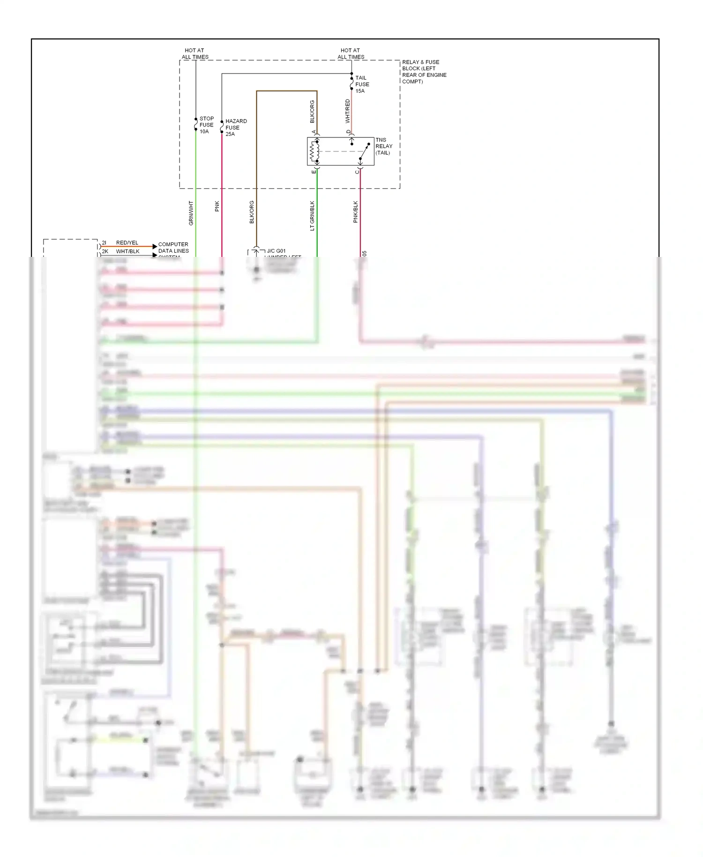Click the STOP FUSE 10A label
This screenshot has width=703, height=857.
coord(206,125)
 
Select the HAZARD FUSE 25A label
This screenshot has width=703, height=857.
coord(235,128)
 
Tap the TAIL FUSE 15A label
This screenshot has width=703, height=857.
coord(362,84)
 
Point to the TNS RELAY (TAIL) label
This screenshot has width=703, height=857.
coord(383,146)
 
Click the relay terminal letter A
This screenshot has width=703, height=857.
coord(314,132)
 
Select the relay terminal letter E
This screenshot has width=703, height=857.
coord(314,172)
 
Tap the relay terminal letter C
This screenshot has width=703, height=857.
coord(357,172)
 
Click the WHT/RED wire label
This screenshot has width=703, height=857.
coord(347,111)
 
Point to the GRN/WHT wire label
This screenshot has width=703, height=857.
coord(191,213)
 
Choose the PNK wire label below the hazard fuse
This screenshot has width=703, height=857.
coord(217,206)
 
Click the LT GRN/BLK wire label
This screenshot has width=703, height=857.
coord(312,216)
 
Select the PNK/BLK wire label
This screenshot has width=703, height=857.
coord(355,212)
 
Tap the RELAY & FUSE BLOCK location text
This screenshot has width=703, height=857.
coord(424,72)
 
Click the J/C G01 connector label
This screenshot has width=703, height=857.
coord(276,251)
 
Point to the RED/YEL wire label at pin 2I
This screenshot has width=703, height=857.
coord(127,243)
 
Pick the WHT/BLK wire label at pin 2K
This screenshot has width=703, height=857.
coord(127,251)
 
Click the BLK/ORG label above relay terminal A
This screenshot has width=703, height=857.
coord(312,112)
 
